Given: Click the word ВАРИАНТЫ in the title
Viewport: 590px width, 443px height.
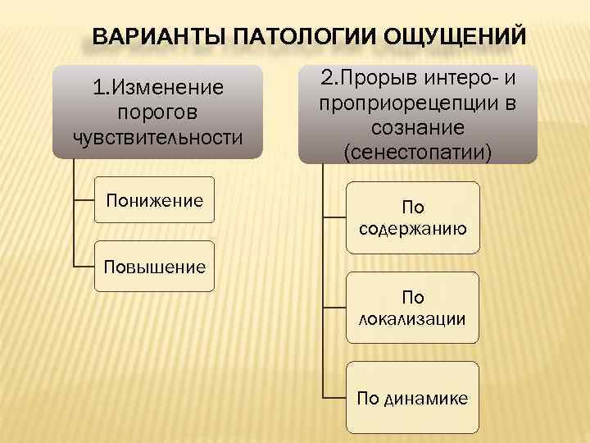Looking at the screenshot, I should [158, 38].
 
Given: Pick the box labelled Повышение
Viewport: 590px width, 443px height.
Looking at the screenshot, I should [154, 266].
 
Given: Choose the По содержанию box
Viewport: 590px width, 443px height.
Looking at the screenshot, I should [412, 217].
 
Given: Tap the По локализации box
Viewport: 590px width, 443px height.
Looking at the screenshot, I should [412, 307].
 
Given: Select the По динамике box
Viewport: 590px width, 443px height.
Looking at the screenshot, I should [412, 398].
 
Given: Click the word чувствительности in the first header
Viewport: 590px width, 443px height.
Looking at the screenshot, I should [158, 135].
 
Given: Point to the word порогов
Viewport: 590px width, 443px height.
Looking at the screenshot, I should [157, 111].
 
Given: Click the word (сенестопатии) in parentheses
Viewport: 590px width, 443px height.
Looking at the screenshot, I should [418, 150].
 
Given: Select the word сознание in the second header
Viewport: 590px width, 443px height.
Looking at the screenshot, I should [418, 127].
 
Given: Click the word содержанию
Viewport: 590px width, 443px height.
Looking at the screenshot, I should [413, 229].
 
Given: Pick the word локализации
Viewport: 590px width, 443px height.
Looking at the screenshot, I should [412, 318].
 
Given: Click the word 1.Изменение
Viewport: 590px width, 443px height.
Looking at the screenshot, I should [158, 86].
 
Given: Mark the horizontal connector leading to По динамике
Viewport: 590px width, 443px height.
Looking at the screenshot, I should [334, 398].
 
